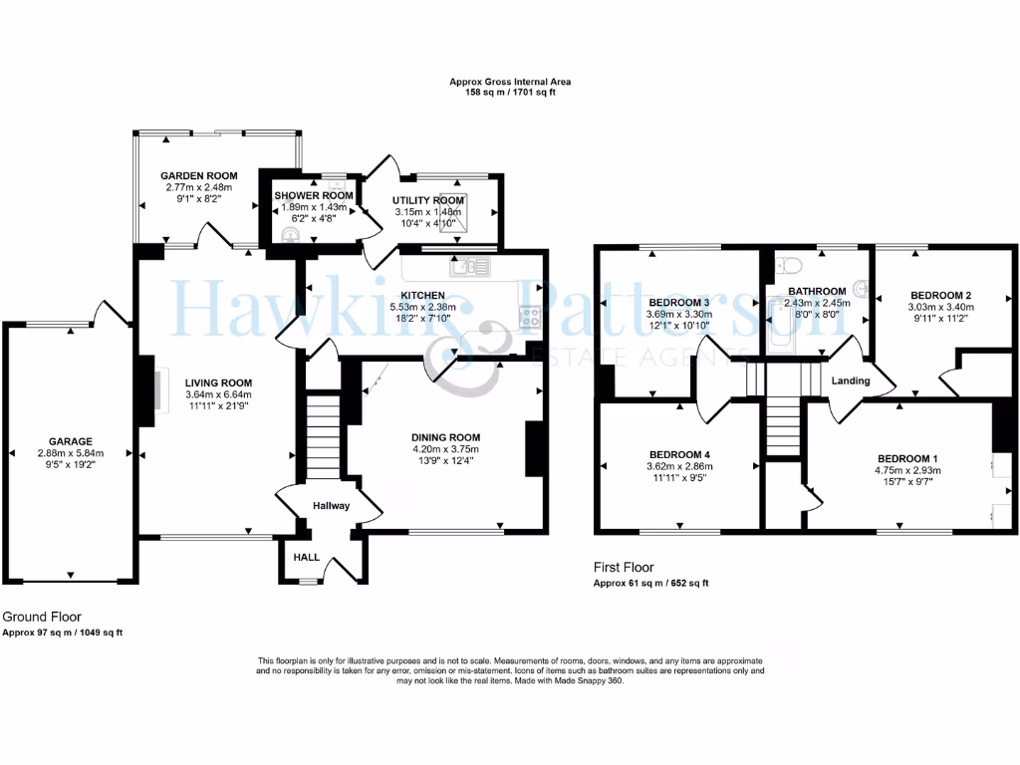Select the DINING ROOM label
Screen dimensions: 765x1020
pos(446,437)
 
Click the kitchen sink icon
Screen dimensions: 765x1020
pos(470,267)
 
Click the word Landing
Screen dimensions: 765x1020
pos(851,381)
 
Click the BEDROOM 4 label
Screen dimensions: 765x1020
pos(679,453)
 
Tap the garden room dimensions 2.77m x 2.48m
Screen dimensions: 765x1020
pos(199,187)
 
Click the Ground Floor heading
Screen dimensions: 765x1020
pos(42,618)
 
